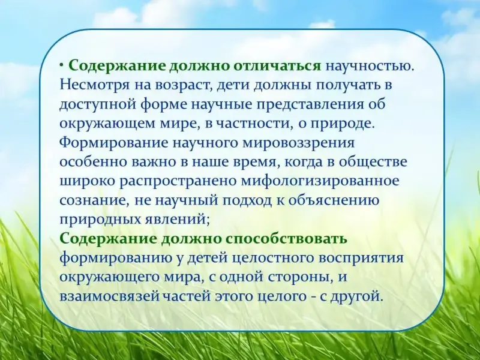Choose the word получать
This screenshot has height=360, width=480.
click(347, 85)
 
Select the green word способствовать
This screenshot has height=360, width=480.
click(287, 238)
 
